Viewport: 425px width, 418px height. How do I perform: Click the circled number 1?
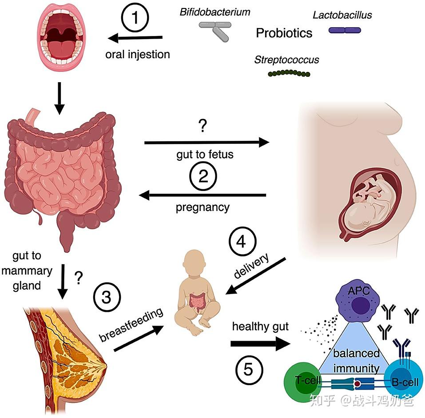click(135, 18)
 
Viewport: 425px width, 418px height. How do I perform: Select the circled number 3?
click(107, 297)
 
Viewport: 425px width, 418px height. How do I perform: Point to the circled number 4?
click(242, 241)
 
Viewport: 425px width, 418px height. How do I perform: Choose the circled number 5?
click(249, 370)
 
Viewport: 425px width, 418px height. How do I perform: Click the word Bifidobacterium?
click(214, 12)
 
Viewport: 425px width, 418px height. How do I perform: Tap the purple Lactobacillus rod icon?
click(345, 30)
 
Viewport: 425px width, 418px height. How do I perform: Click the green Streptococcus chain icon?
click(289, 73)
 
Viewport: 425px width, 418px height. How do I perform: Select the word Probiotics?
click(284, 33)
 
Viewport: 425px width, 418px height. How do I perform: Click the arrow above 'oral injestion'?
click(135, 38)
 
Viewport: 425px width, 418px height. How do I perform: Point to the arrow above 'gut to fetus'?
click(207, 142)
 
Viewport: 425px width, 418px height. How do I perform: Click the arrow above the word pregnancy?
click(202, 195)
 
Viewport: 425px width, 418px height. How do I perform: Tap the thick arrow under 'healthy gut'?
click(260, 344)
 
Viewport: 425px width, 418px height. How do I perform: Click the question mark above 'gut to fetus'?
click(203, 126)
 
